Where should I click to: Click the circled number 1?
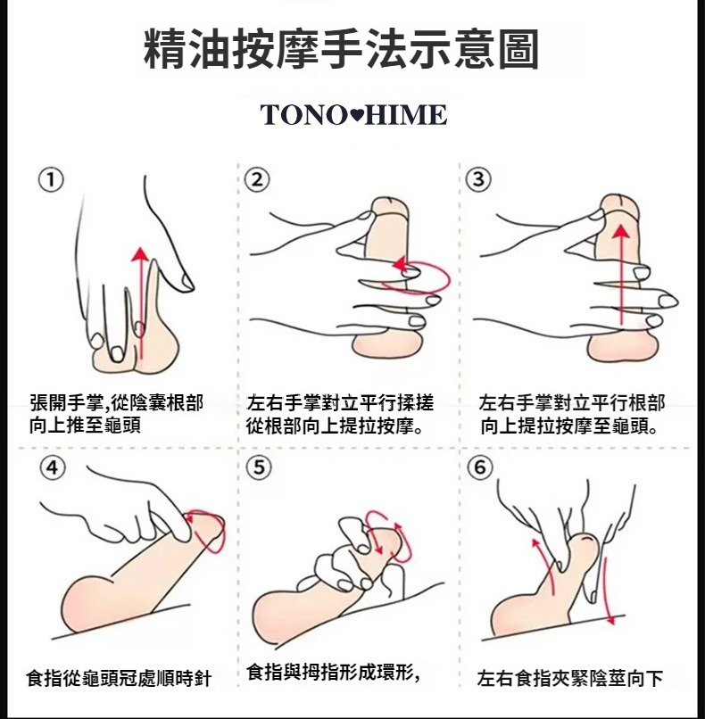click(x=51, y=180)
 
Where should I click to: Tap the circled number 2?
click(x=257, y=180)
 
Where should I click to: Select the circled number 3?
click(x=478, y=178)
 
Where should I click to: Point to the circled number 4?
click(x=53, y=467)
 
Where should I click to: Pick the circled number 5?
click(x=259, y=467)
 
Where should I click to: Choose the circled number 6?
click(x=480, y=467)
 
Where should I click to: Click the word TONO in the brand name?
click(x=303, y=115)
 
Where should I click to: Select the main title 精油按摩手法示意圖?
click(x=341, y=49)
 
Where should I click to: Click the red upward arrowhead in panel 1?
click(x=140, y=253)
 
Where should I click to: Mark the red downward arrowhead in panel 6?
click(x=611, y=620)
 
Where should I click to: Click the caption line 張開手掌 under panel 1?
click(x=117, y=403)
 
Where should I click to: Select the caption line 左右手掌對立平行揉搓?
click(x=340, y=403)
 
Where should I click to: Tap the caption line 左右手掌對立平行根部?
click(x=572, y=403)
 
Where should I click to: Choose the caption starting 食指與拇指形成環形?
click(x=333, y=673)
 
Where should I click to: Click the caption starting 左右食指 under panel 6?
click(x=570, y=678)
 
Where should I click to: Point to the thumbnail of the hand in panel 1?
click(x=187, y=282)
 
